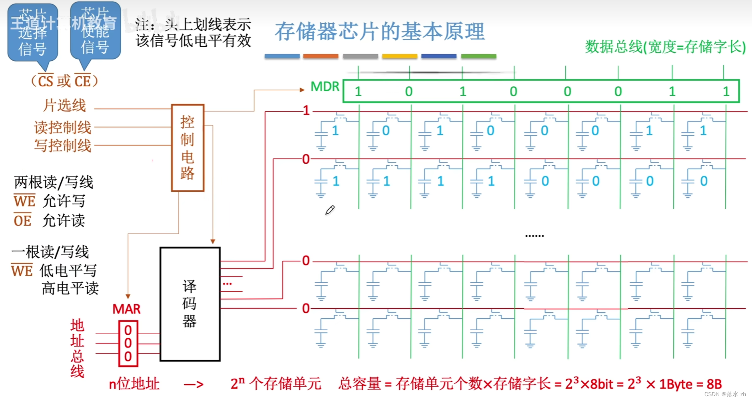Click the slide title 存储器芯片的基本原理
[x=379, y=32]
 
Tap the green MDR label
[x=325, y=86]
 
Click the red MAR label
[x=126, y=309]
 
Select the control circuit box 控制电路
[x=188, y=148]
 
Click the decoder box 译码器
[x=190, y=304]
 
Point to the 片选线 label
[x=64, y=105]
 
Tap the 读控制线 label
[x=63, y=127]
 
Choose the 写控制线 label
[x=63, y=145]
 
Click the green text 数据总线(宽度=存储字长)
[x=665, y=47]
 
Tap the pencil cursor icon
[x=329, y=210]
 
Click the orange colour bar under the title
[x=321, y=56]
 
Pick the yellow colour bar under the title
[x=399, y=56]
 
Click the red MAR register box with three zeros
[x=128, y=343]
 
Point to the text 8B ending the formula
[x=714, y=384]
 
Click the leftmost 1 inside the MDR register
[x=358, y=91]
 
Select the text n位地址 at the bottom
[x=134, y=383]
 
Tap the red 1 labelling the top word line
[x=306, y=110]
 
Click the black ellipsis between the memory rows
[x=534, y=236]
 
